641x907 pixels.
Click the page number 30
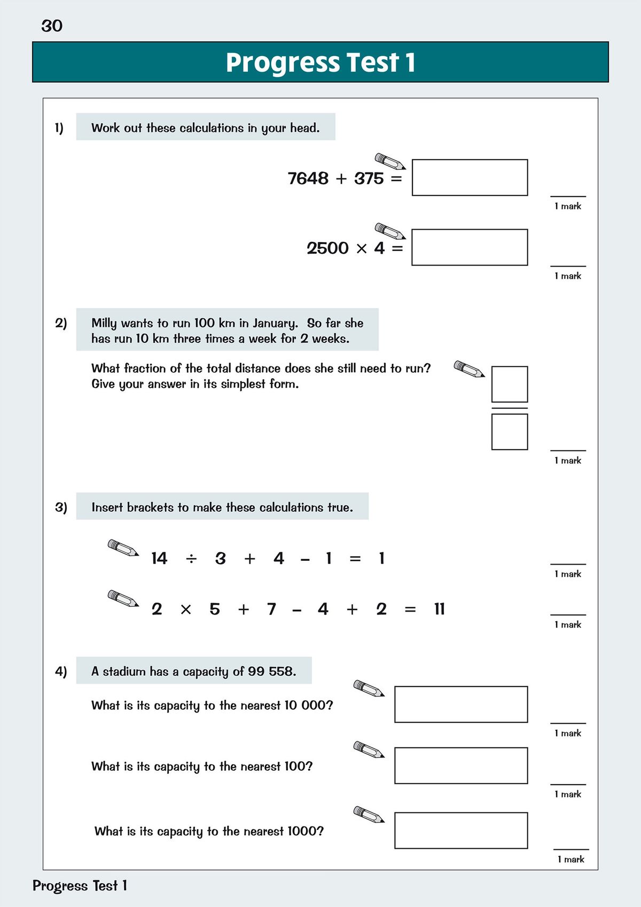pyautogui.click(x=52, y=26)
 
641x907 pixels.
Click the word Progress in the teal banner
pyautogui.click(x=282, y=62)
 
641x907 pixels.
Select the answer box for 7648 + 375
pyautogui.click(x=470, y=177)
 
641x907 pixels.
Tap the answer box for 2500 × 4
pyautogui.click(x=470, y=247)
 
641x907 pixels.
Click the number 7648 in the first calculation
pyautogui.click(x=308, y=178)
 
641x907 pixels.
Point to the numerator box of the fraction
pyautogui.click(x=509, y=384)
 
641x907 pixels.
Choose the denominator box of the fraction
pyautogui.click(x=509, y=432)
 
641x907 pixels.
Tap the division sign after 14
pyautogui.click(x=191, y=559)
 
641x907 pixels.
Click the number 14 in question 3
pyautogui.click(x=159, y=559)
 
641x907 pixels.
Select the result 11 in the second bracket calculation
pyautogui.click(x=439, y=609)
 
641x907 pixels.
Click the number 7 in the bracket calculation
pyautogui.click(x=271, y=609)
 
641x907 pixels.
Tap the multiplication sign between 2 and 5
pyautogui.click(x=185, y=609)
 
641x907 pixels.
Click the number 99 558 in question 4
pyautogui.click(x=271, y=671)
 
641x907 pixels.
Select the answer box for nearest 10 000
pyautogui.click(x=461, y=704)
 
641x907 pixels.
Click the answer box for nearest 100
pyautogui.click(x=461, y=765)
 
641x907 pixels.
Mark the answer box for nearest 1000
pyautogui.click(x=461, y=830)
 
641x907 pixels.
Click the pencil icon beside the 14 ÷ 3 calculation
pyautogui.click(x=123, y=548)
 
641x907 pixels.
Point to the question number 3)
pyautogui.click(x=61, y=507)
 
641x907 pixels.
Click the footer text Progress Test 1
pyautogui.click(x=80, y=886)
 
